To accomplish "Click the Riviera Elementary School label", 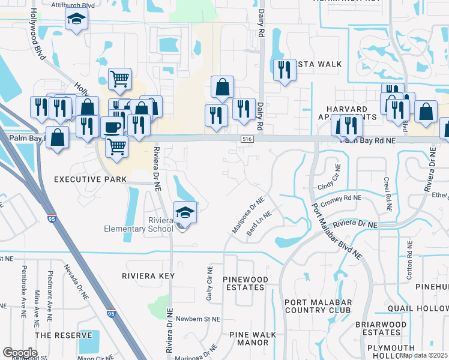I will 138,224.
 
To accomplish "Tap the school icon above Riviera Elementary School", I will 185,212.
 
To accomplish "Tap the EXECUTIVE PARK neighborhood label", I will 90,179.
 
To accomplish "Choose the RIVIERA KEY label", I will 148,276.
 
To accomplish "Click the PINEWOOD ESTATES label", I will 244,284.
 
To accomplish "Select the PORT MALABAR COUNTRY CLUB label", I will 318,306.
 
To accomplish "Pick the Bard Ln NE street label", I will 259,222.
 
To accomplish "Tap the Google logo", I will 20,353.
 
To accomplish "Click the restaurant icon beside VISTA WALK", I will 283,70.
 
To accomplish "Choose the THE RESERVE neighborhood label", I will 64,335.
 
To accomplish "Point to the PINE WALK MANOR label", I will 252,338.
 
